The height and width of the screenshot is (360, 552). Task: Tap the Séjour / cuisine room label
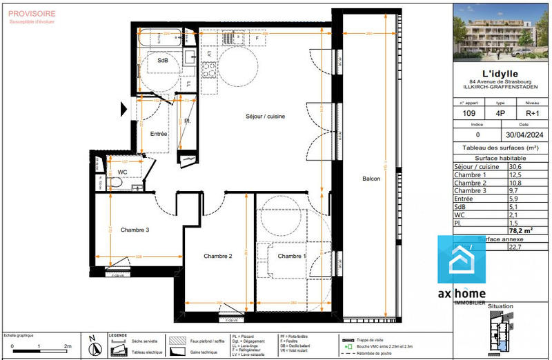tap(265, 117)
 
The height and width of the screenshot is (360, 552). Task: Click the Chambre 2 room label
tap(217, 256)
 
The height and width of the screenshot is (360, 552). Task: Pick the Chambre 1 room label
tap(292, 256)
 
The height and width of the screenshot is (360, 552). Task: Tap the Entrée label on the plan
tap(159, 133)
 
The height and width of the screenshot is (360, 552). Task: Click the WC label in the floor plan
tap(122, 172)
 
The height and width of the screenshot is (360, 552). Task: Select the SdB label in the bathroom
tap(163, 61)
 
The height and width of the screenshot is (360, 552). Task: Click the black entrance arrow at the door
tap(124, 108)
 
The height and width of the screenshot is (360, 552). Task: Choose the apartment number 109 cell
tap(469, 114)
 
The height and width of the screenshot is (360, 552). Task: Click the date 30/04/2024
tap(526, 136)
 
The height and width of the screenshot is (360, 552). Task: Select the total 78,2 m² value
tap(520, 230)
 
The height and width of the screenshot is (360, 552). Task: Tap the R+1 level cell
tap(533, 114)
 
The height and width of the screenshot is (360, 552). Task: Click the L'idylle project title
tap(502, 74)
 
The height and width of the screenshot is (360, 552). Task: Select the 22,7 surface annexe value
tap(515, 247)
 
